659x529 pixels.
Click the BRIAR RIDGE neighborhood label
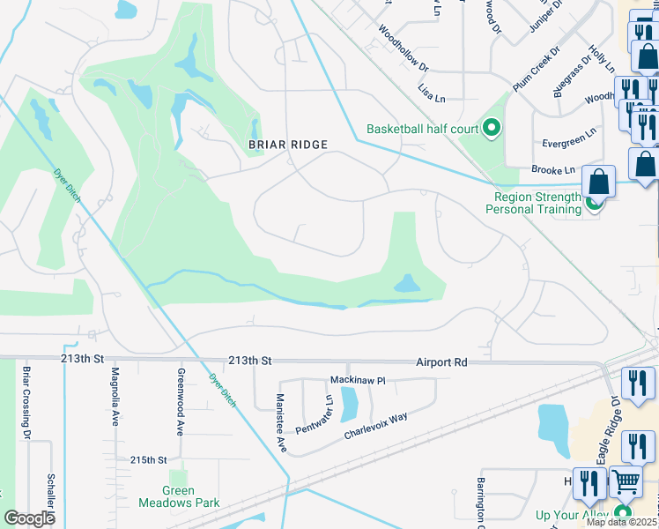(x=287, y=145)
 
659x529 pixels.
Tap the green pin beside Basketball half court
(x=492, y=129)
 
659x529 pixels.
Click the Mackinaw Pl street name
(x=358, y=380)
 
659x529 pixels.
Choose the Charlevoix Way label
(x=376, y=425)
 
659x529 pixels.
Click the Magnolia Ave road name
(x=115, y=397)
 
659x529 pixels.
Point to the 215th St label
(x=148, y=460)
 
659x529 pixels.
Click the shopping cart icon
(x=626, y=482)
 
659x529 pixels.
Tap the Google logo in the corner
(x=29, y=518)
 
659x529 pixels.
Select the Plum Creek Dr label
(x=536, y=68)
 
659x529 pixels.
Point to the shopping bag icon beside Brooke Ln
(x=599, y=183)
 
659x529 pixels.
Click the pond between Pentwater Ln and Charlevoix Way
(x=349, y=404)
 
